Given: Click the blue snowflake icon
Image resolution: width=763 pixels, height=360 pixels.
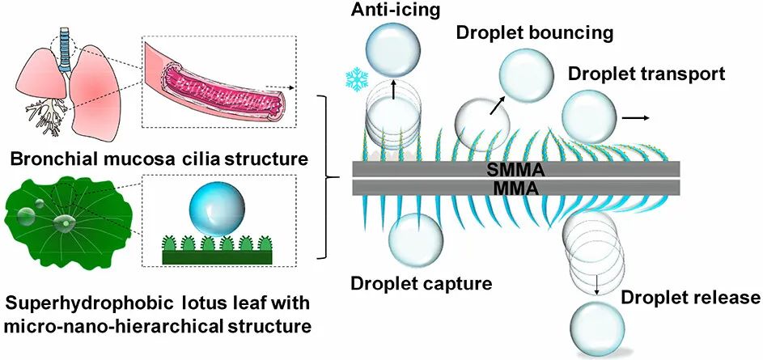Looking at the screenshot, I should tap(356, 78).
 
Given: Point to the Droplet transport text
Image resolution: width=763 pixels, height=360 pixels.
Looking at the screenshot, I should tap(646, 74).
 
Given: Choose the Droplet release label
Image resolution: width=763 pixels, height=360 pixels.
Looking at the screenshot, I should tap(690, 297).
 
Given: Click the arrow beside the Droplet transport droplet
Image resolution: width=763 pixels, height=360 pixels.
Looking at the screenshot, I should tap(636, 118).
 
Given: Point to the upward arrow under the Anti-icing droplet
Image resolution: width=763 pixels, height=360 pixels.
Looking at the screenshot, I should tap(393, 88).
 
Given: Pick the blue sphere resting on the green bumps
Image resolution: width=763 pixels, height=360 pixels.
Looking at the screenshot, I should tap(216, 210).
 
